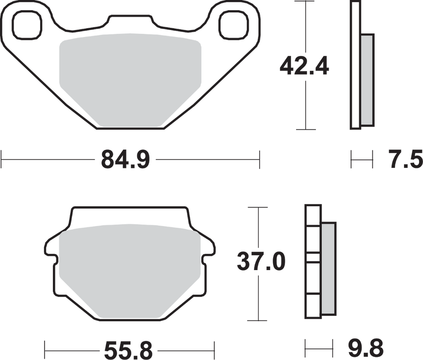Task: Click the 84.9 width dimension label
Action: click(126, 160)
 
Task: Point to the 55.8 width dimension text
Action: click(127, 351)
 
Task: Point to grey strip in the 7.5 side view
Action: click(367, 79)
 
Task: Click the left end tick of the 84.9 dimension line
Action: click(3, 160)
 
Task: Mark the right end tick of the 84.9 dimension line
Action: click(260, 160)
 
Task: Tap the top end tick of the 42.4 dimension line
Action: click(305, 3)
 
